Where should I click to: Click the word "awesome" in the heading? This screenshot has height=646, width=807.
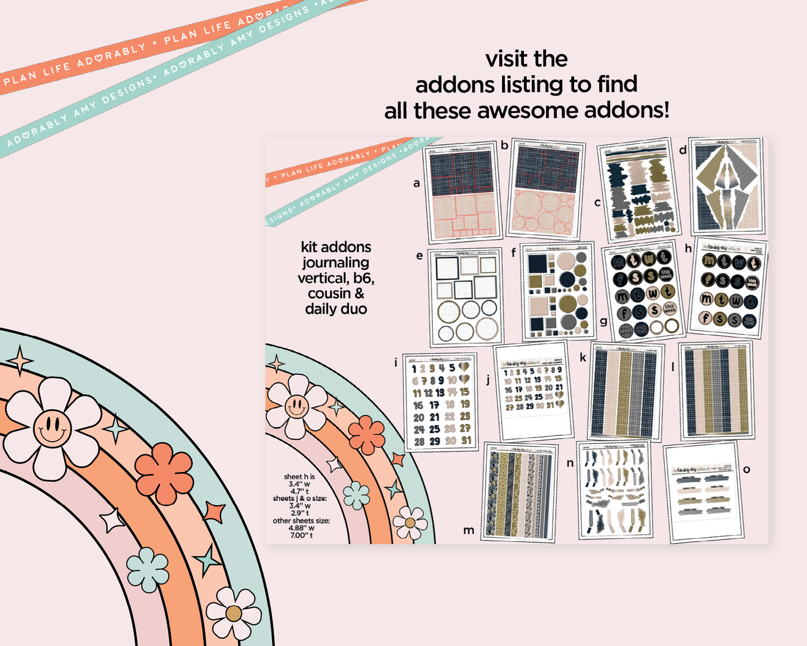(527, 111)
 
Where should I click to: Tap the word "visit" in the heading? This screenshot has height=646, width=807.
(506, 59)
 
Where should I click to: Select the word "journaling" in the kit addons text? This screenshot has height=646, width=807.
(336, 263)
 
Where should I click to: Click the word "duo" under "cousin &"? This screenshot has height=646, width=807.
(354, 309)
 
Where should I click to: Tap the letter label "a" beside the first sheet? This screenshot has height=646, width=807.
(416, 183)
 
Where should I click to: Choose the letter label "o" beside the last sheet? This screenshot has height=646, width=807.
(747, 469)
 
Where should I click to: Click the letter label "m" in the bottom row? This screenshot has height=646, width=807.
(469, 530)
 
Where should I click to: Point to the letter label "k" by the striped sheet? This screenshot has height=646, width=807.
(583, 358)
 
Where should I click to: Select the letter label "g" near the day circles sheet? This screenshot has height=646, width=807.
(603, 321)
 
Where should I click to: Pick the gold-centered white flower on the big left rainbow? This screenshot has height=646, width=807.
(233, 613)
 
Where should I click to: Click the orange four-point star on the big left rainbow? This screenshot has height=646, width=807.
(214, 512)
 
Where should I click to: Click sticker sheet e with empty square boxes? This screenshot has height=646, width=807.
(466, 297)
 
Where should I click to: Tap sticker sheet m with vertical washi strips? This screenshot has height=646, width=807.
(519, 492)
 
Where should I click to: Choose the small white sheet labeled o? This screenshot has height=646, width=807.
(704, 492)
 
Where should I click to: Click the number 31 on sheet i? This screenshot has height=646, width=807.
(466, 440)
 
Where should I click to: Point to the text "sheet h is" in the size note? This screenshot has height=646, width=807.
(299, 477)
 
